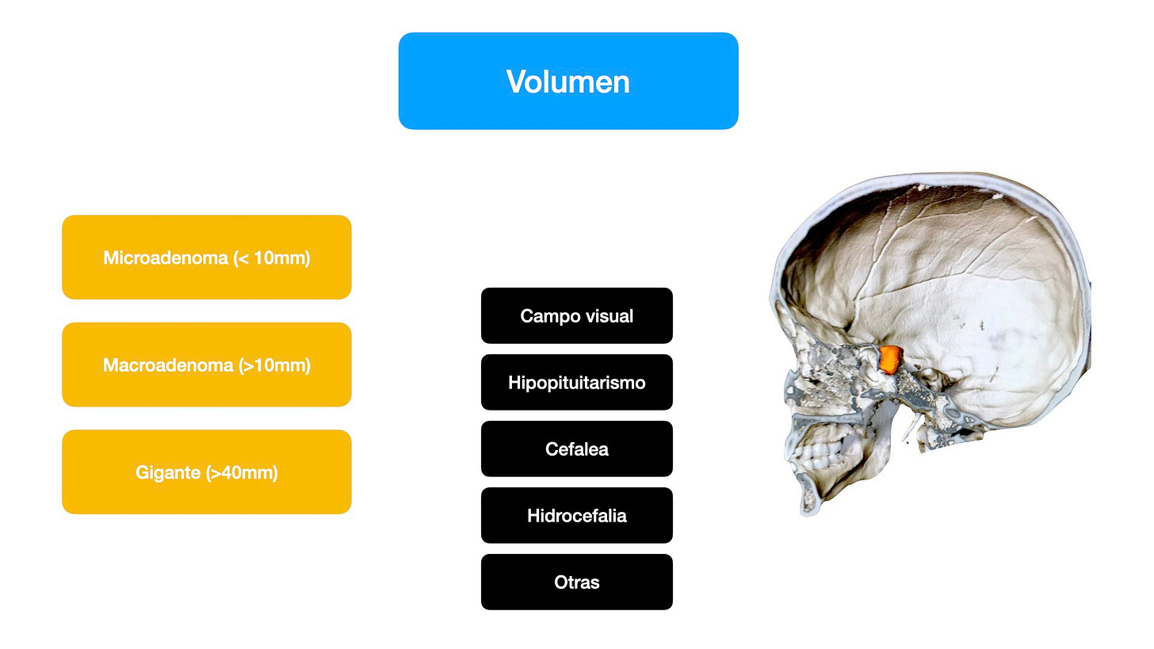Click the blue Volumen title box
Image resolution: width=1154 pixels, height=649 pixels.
point(568,81)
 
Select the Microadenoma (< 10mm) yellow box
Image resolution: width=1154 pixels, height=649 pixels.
point(206,258)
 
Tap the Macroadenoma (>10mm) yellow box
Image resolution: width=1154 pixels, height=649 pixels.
point(206,365)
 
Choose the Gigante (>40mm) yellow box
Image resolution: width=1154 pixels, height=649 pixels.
point(206,472)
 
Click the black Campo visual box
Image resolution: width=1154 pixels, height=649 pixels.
point(577,315)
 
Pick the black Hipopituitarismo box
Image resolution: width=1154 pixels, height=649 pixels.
point(577,382)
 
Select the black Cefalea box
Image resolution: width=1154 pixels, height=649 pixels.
point(577,449)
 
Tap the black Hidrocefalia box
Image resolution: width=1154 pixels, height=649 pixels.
point(577,515)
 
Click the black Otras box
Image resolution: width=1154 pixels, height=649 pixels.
point(577,582)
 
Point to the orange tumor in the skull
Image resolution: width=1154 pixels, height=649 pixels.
point(891,358)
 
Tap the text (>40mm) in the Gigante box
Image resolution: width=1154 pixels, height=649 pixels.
point(242,473)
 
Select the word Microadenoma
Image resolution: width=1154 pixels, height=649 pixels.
point(166,258)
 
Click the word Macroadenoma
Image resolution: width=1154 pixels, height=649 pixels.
point(168,365)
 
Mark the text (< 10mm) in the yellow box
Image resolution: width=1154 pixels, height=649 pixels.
point(272,258)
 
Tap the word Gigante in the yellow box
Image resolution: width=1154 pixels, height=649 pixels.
point(169,473)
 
